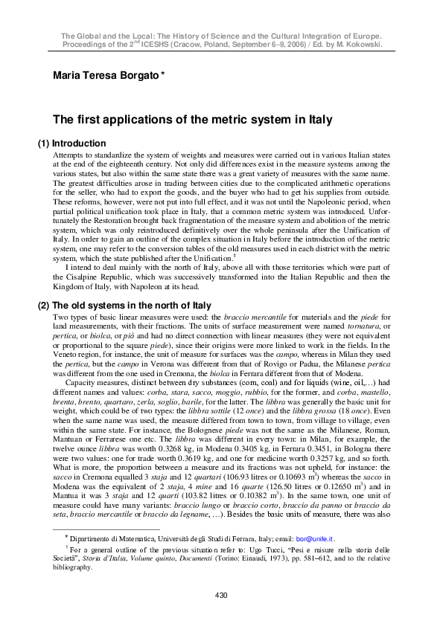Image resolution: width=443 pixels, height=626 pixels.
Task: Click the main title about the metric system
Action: [192, 120]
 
